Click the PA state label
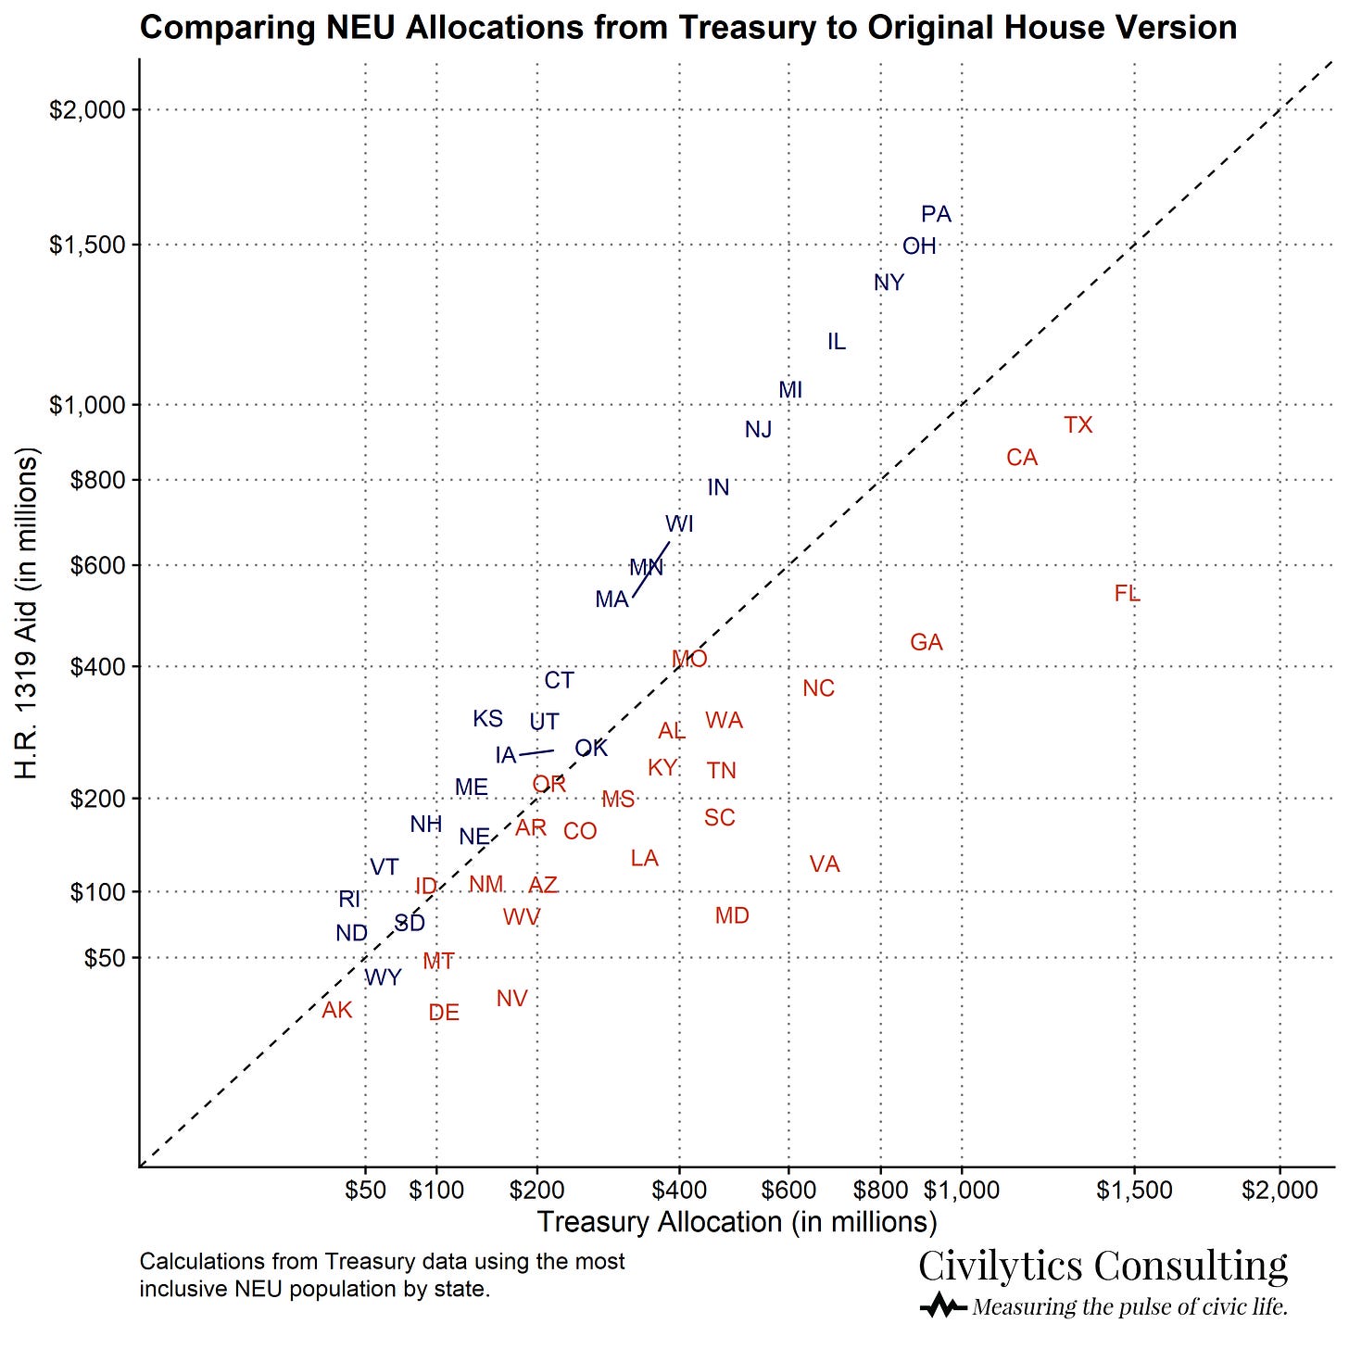pos(936,215)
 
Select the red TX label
pos(1078,425)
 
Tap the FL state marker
pos(1127,594)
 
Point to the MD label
pos(732,916)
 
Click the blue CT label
pos(559,681)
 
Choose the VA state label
pos(825,865)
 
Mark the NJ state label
pos(758,430)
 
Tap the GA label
pos(927,643)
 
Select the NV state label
pos(511,999)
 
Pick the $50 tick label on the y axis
pos(104,958)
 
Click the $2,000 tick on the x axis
pos(1280,1189)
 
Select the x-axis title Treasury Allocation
pos(737,1222)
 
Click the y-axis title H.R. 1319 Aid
pos(28,613)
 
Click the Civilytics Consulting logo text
pos(1103,1266)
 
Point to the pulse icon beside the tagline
pos(943,1307)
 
